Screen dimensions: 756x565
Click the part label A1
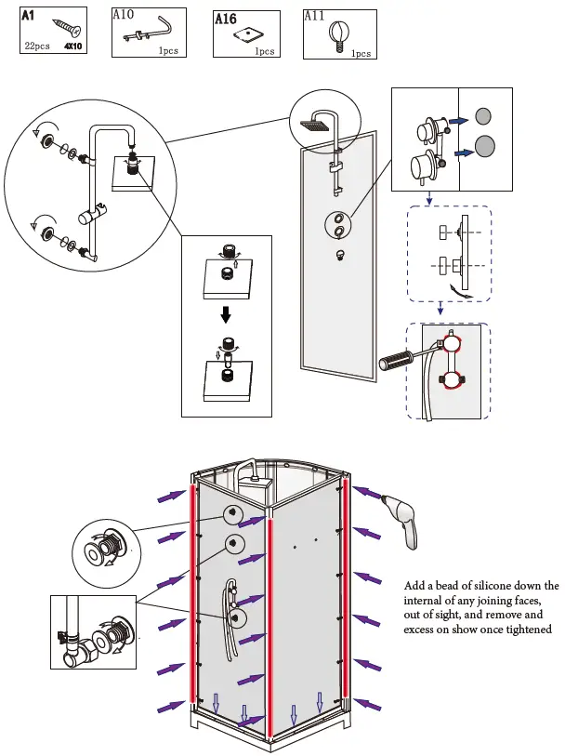[x=31, y=16]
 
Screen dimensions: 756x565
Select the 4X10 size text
[x=73, y=46]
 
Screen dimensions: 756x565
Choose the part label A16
[x=226, y=19]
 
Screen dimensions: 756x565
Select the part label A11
[x=316, y=16]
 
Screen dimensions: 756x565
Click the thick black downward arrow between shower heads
[x=225, y=315]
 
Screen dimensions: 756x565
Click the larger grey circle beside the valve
[x=485, y=145]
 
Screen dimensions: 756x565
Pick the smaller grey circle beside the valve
[x=482, y=117]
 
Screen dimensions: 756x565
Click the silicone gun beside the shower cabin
[x=406, y=520]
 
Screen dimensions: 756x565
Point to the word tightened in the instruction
[x=526, y=630]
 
